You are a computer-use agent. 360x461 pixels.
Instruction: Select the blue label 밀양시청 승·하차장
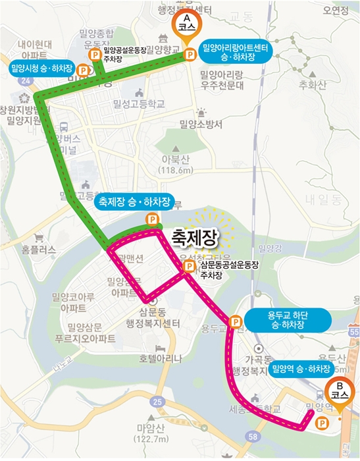pyautogui.click(x=41, y=68)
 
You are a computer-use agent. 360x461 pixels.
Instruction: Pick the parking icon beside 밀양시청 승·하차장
pyautogui.click(x=83, y=68)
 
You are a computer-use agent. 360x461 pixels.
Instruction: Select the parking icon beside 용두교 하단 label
pyautogui.click(x=234, y=321)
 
